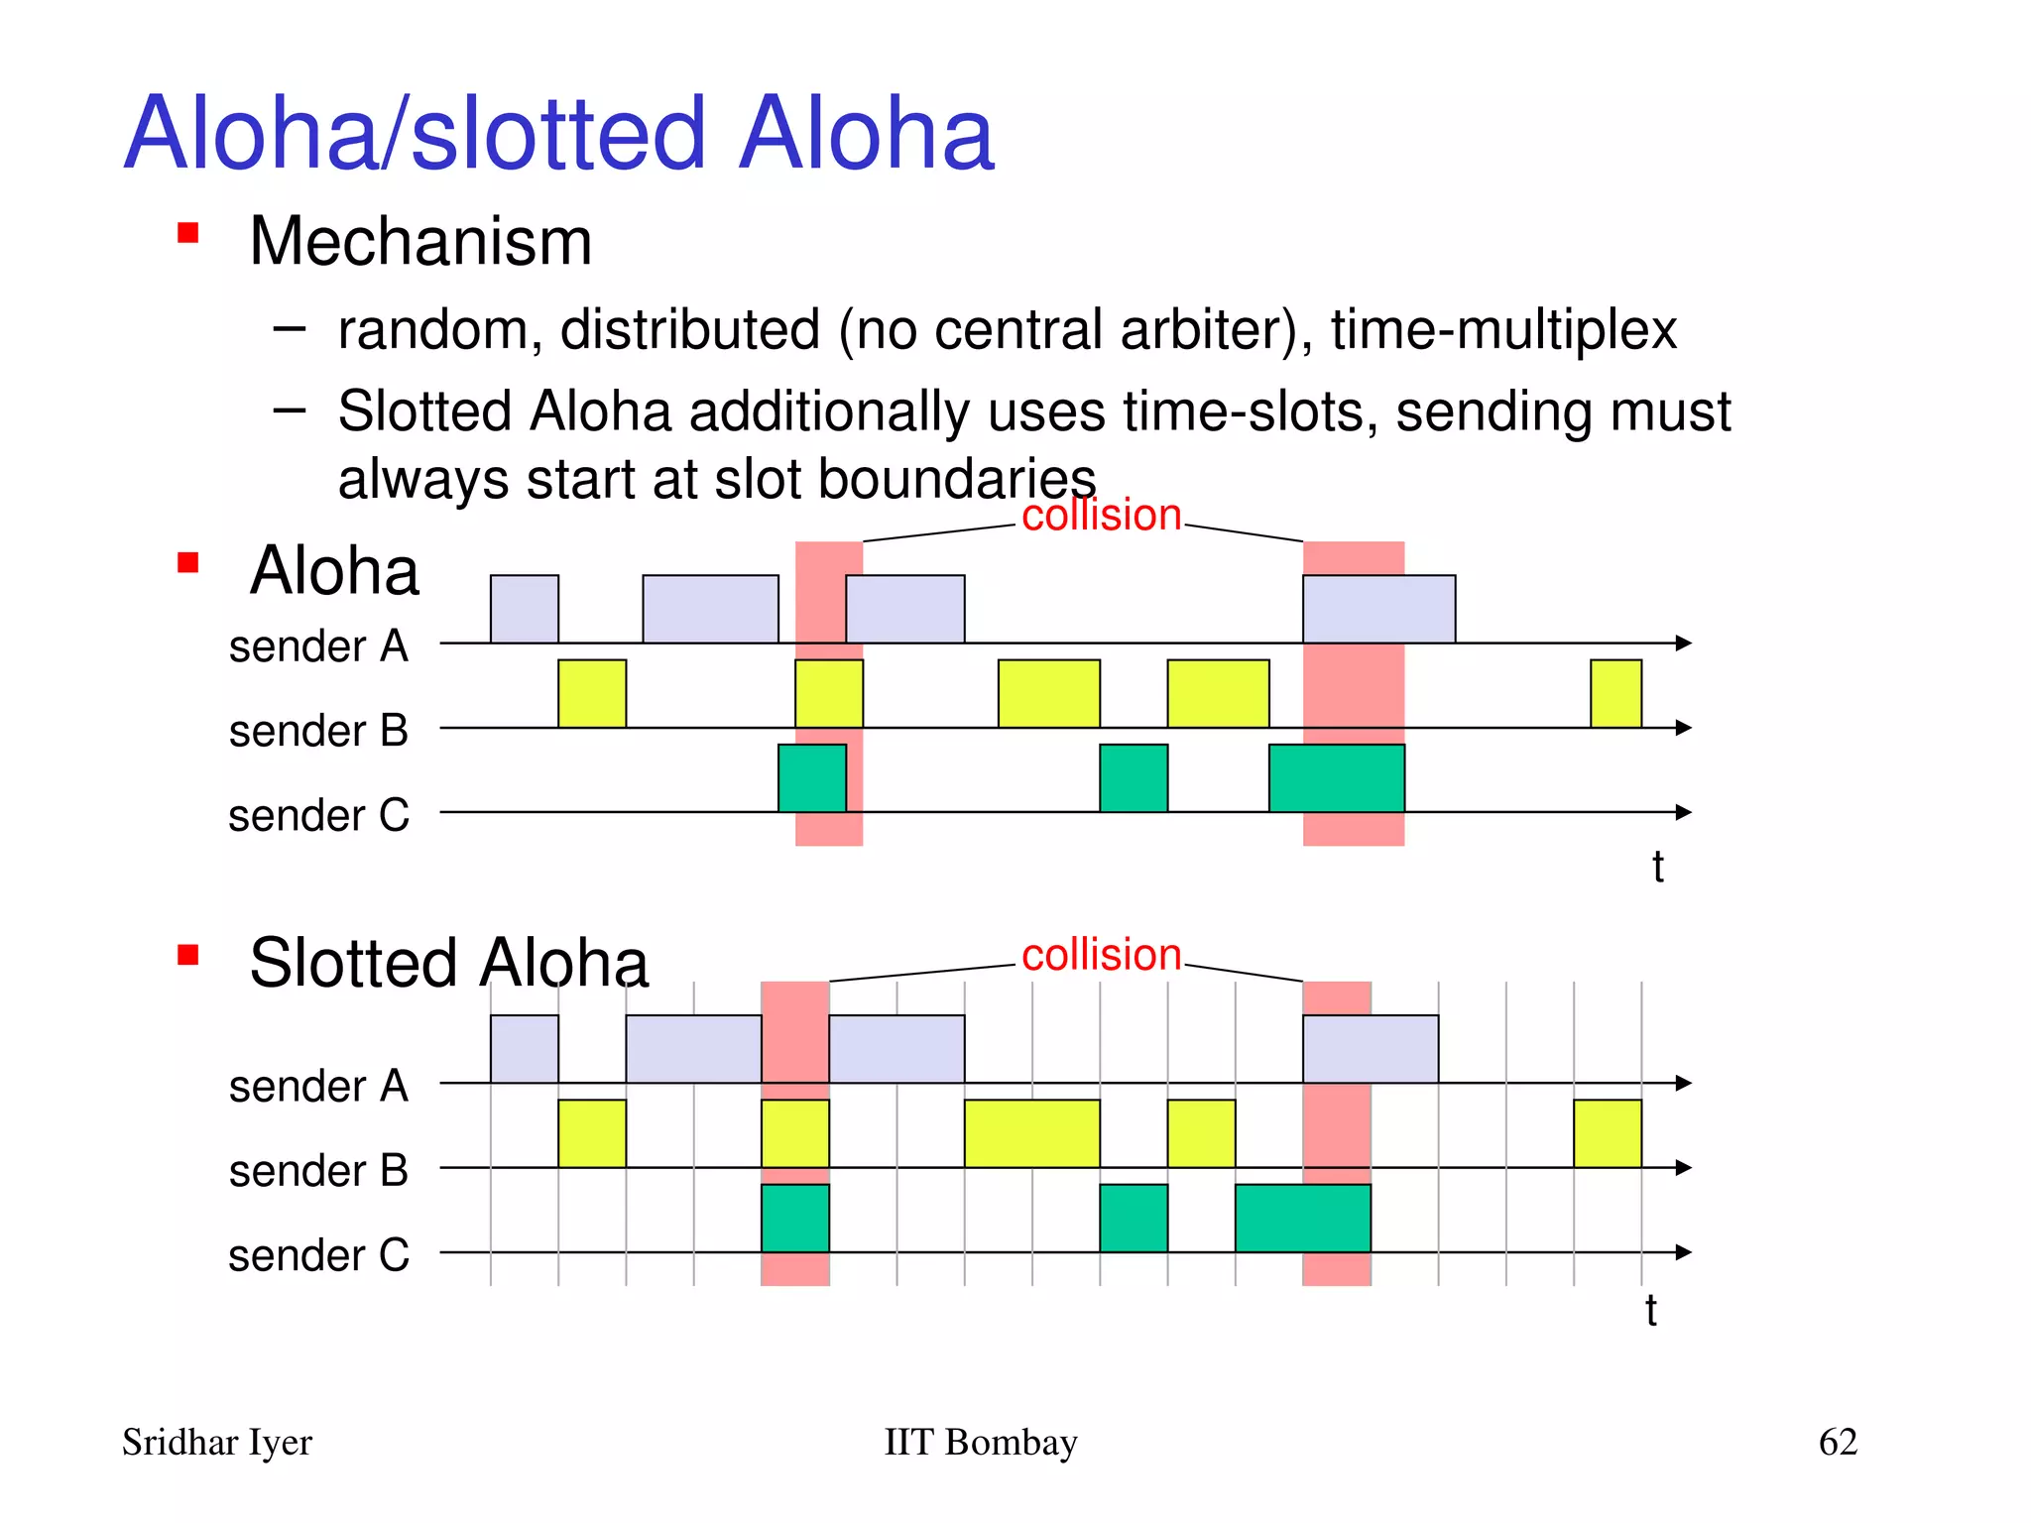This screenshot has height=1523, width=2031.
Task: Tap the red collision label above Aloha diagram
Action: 1101,516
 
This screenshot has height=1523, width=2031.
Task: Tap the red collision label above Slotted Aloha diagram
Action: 1101,955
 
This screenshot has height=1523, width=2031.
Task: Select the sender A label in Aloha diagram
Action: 318,646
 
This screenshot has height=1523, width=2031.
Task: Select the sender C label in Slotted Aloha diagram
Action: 318,1255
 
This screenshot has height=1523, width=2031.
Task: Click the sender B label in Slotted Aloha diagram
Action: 318,1171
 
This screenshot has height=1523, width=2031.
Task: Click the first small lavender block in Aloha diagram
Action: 524,609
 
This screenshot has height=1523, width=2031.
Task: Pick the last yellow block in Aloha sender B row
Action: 1615,693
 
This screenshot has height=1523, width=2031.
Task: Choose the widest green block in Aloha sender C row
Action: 1336,778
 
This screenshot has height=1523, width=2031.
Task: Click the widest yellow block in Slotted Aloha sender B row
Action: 1031,1133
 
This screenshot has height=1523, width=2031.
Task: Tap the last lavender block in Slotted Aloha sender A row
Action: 1370,1049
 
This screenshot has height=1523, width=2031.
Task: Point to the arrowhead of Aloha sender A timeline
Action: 1683,643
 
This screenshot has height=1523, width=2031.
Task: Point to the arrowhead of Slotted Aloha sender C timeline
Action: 1683,1252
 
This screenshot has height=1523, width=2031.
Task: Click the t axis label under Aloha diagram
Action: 1657,868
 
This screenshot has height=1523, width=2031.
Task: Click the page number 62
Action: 1837,1442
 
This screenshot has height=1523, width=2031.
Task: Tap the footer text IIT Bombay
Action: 980,1442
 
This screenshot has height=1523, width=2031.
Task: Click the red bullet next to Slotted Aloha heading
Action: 187,955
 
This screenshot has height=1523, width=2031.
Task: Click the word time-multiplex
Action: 1503,330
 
